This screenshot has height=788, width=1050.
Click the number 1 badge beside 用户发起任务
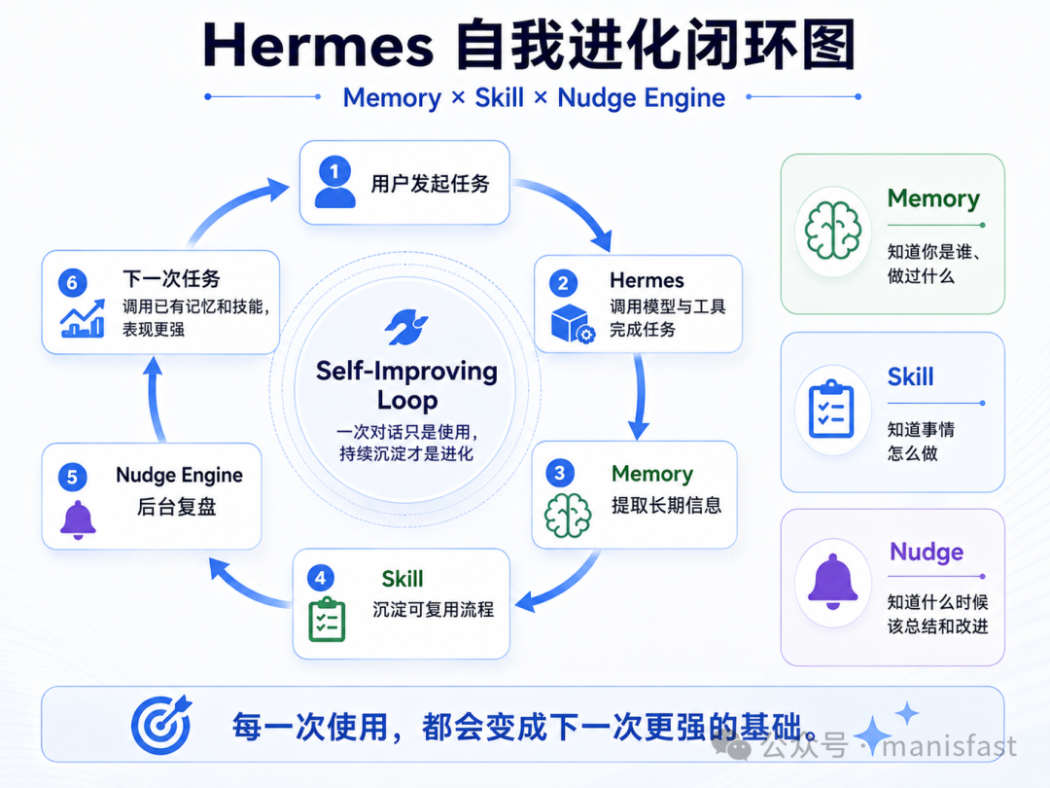tap(334, 170)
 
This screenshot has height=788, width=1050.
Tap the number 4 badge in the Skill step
tap(320, 578)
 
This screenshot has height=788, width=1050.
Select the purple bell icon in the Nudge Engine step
tap(79, 519)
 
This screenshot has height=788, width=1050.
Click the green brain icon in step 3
tap(568, 516)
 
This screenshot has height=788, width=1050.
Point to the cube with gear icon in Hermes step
tap(573, 324)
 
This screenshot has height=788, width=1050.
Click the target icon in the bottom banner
tap(161, 725)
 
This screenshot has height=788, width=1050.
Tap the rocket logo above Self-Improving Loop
tap(405, 327)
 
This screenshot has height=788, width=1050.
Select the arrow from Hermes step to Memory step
tap(640, 396)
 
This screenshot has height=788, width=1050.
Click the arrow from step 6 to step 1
tap(231, 205)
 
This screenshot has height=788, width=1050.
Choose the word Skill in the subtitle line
tap(500, 98)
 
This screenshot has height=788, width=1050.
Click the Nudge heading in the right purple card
tap(927, 552)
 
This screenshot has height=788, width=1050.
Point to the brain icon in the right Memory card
tap(833, 232)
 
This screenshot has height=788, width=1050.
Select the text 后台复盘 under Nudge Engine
tap(177, 507)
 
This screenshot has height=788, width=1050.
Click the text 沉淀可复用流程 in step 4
tap(434, 609)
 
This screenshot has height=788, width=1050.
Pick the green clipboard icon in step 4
tap(327, 619)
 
